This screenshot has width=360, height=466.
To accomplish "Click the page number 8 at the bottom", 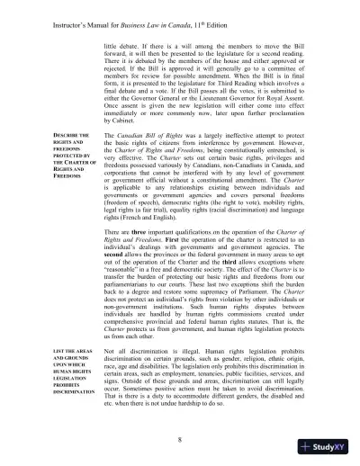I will [x=179, y=440].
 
